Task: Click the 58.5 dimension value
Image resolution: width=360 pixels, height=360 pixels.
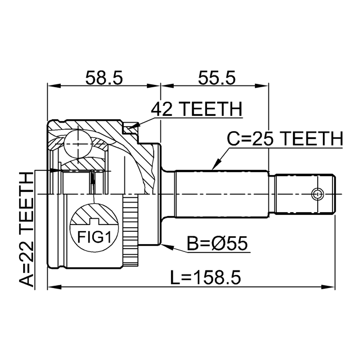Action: (x=104, y=78)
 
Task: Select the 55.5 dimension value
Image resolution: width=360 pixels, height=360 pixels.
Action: (x=217, y=78)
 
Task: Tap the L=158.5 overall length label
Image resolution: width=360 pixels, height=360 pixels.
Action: (x=205, y=277)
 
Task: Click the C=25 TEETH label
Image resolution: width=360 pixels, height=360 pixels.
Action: (x=285, y=139)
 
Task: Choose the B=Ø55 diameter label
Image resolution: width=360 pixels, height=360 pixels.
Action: (x=218, y=244)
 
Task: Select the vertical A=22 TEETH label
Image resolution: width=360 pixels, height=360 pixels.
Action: (x=26, y=229)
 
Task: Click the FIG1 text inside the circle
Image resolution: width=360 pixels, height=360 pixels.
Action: (x=94, y=237)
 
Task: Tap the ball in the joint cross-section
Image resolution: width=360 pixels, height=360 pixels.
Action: (x=78, y=144)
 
